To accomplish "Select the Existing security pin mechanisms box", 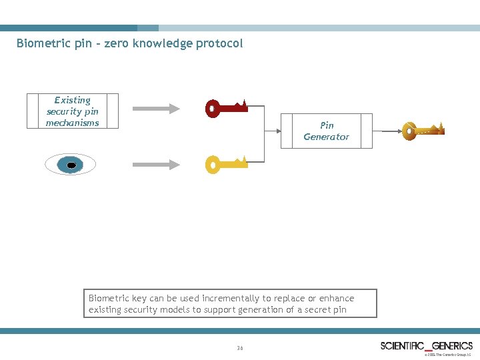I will tap(72, 111).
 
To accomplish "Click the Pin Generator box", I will tap(326, 131).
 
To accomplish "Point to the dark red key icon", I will tap(227, 107).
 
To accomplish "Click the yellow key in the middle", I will tap(227, 163).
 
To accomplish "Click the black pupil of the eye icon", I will tap(71, 165).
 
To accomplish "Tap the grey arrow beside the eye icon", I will tap(156, 164).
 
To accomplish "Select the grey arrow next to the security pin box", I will tap(156, 108).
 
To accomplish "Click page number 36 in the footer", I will tap(240, 348).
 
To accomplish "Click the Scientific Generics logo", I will tap(426, 345).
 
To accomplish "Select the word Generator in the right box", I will tap(326, 137).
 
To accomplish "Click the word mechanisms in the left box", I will tap(72, 123).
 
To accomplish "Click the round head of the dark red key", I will tap(213, 108).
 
